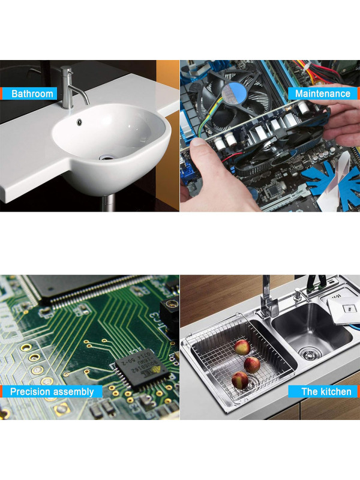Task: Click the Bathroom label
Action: click(x=32, y=94)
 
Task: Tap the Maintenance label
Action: click(x=323, y=94)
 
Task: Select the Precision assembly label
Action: click(x=52, y=392)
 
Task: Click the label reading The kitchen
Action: click(x=326, y=392)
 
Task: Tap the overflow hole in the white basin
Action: click(x=79, y=122)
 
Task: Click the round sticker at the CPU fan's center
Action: click(x=233, y=93)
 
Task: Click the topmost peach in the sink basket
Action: click(x=242, y=347)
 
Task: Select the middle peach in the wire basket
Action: click(x=252, y=365)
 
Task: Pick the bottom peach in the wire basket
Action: click(x=241, y=380)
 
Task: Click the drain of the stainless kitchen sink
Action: click(x=310, y=353)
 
